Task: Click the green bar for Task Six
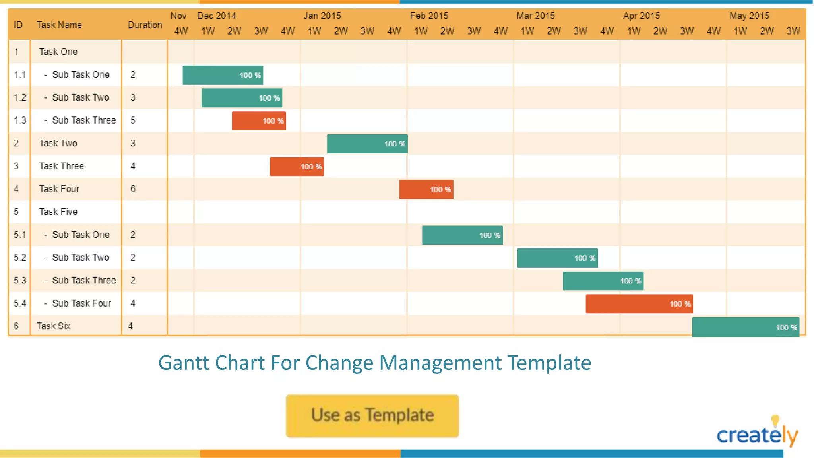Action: pos(745,327)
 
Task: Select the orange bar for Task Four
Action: pos(426,189)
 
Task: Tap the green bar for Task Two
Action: pos(367,144)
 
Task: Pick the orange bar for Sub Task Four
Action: pos(639,304)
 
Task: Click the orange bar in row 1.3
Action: pos(259,121)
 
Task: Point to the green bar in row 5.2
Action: pos(557,258)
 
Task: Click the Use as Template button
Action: pos(372,415)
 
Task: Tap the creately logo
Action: pos(757,433)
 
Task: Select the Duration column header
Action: pos(145,25)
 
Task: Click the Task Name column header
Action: pos(59,25)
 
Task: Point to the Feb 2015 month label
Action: pos(429,16)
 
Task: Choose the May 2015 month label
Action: pos(749,16)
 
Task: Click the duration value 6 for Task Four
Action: pos(133,189)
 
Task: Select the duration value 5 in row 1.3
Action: pos(133,120)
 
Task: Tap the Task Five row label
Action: pos(58,212)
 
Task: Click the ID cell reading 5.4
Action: pos(20,303)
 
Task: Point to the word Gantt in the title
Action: pos(184,363)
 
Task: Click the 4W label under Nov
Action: pos(181,31)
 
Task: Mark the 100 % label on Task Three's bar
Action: pos(311,167)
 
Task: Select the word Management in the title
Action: pos(440,363)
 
